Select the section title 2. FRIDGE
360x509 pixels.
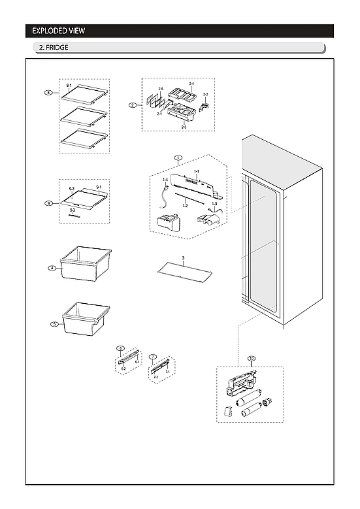pyautogui.click(x=54, y=48)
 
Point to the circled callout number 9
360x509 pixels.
pyautogui.click(x=48, y=203)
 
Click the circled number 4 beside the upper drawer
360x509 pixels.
pyautogui.click(x=50, y=268)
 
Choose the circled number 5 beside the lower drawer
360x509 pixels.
pyautogui.click(x=54, y=323)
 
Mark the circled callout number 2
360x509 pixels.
pyautogui.click(x=132, y=105)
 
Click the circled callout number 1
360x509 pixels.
pyautogui.click(x=178, y=157)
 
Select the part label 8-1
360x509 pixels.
pyautogui.click(x=69, y=86)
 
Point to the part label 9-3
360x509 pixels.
pyautogui.click(x=72, y=210)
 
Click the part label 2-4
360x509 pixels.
pyautogui.click(x=191, y=84)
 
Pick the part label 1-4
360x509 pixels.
pyautogui.click(x=165, y=180)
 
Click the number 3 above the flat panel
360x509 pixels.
pyautogui.click(x=184, y=259)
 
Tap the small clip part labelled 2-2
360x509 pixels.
pyautogui.click(x=206, y=102)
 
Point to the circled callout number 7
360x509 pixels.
pyautogui.click(x=153, y=357)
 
